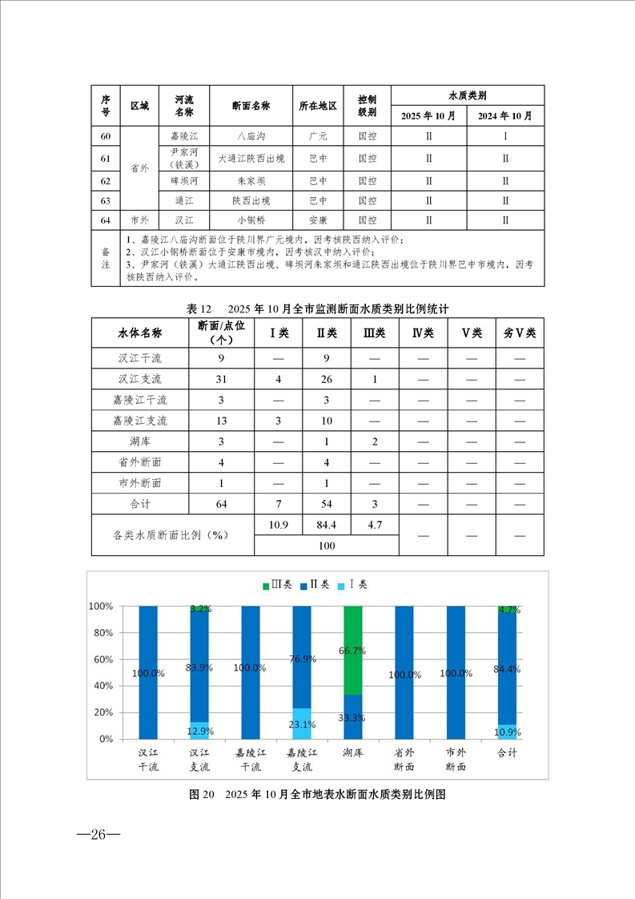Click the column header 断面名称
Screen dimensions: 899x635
coord(251,106)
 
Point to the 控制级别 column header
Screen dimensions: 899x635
coord(368,106)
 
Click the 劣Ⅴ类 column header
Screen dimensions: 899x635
coord(520,333)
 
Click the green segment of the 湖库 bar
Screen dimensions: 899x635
coord(352,650)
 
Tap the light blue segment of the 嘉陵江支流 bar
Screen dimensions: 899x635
coord(302,724)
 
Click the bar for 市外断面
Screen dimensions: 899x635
coord(456,672)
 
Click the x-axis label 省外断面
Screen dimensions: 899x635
coord(404,760)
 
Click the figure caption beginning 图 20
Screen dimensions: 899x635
coord(316,795)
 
